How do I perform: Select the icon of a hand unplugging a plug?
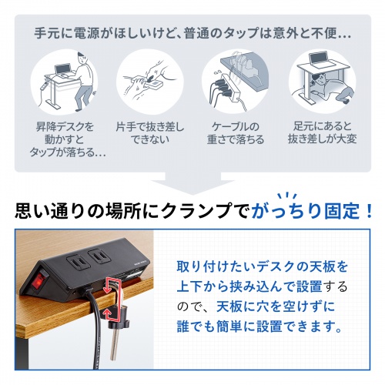click(x=148, y=82)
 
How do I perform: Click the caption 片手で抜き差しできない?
click(x=148, y=132)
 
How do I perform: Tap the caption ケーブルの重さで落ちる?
click(x=235, y=132)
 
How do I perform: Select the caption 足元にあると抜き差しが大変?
click(x=321, y=132)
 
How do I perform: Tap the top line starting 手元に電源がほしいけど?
click(x=192, y=35)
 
